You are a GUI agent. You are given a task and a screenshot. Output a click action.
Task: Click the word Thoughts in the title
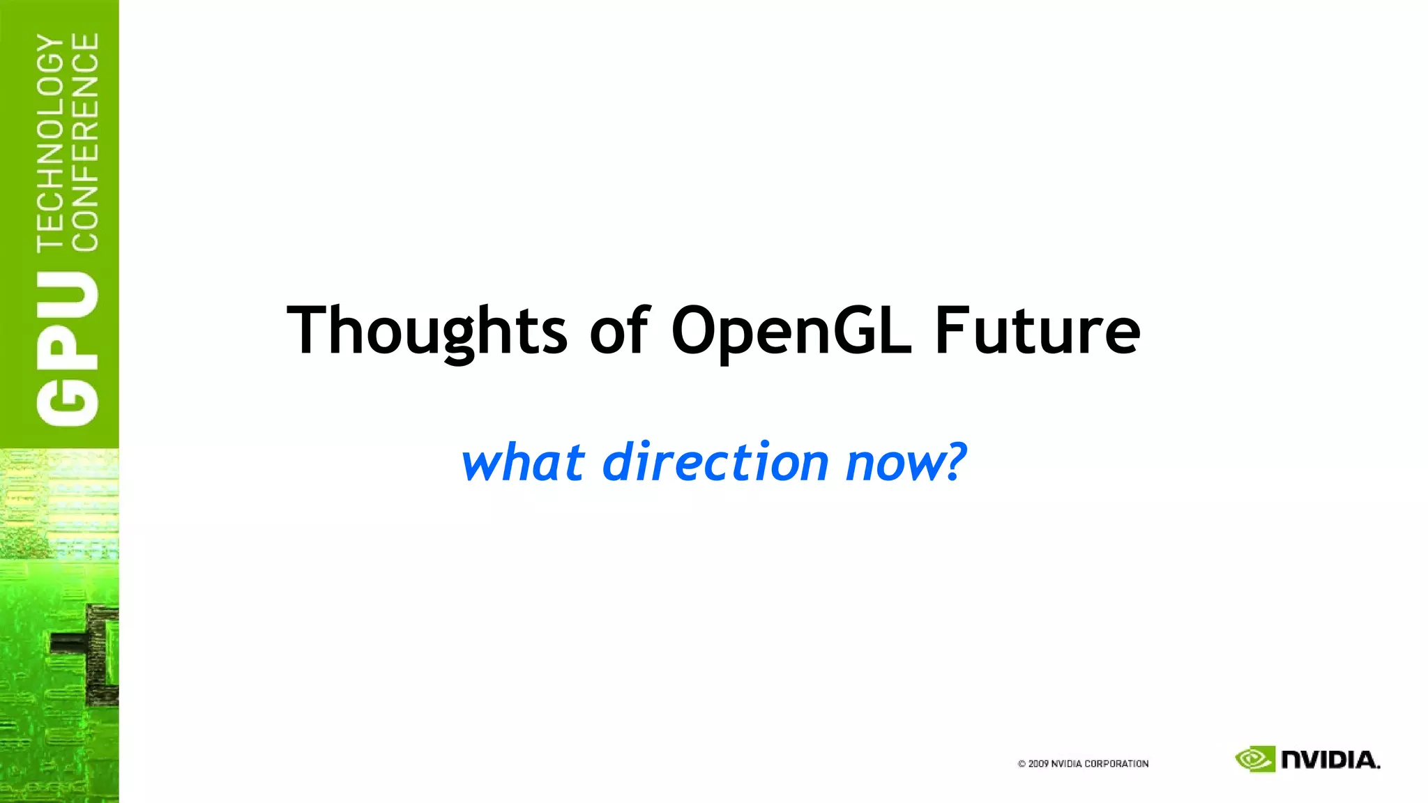tap(427, 330)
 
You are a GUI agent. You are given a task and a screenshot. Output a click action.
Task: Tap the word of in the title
tap(619, 330)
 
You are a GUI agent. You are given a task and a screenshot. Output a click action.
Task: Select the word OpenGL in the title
tap(791, 330)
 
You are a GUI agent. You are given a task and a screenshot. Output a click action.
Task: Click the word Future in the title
tap(1037, 330)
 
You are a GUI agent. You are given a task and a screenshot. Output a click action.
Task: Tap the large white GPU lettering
tap(68, 349)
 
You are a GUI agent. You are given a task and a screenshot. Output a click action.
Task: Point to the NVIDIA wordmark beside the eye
tap(1330, 760)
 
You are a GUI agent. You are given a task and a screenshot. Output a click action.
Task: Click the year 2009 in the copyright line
tap(1038, 764)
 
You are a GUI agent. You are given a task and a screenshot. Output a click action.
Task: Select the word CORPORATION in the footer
tap(1116, 764)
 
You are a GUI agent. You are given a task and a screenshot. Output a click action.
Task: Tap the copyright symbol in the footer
tap(1021, 764)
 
